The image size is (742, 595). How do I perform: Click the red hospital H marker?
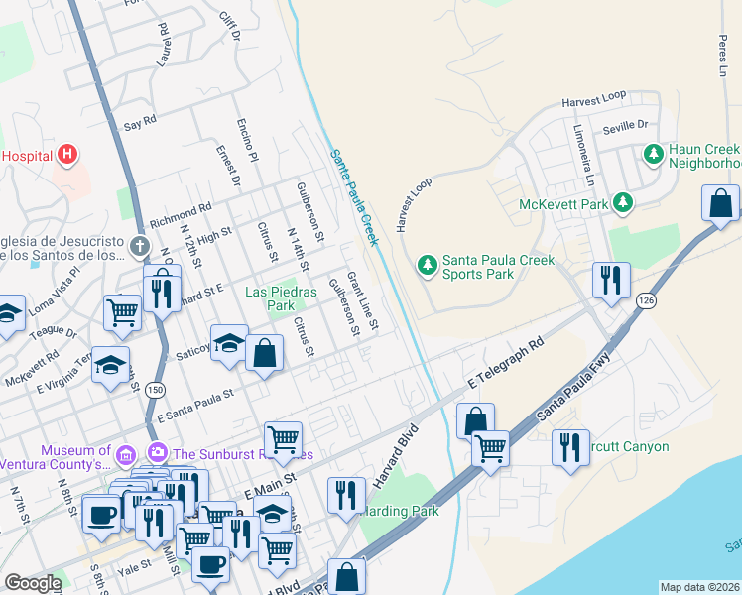66,155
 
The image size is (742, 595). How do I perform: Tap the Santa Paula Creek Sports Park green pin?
427,265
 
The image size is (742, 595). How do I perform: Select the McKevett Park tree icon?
622,203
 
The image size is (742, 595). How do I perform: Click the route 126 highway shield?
647,299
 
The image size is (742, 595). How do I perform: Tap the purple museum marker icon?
125,455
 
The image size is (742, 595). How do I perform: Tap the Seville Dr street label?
625,127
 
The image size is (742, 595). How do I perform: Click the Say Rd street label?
141,122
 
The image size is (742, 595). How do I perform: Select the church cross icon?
140,245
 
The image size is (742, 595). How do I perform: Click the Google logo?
33,583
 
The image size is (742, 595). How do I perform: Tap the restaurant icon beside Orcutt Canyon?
570,446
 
